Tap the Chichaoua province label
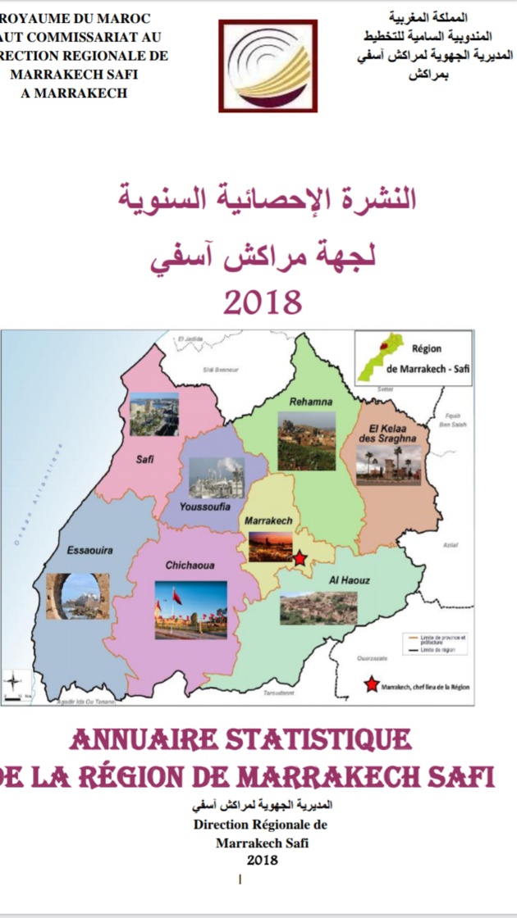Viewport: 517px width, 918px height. pyautogui.click(x=190, y=566)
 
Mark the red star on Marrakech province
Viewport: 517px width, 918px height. pyautogui.click(x=300, y=558)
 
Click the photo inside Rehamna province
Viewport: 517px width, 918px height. pyautogui.click(x=306, y=441)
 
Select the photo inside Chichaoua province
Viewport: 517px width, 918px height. pyautogui.click(x=190, y=609)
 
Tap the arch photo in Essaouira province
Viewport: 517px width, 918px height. pyautogui.click(x=77, y=595)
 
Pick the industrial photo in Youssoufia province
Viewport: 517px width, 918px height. pyautogui.click(x=216, y=478)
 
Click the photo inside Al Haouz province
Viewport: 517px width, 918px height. pyautogui.click(x=318, y=608)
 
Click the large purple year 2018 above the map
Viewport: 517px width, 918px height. pyautogui.click(x=263, y=302)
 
